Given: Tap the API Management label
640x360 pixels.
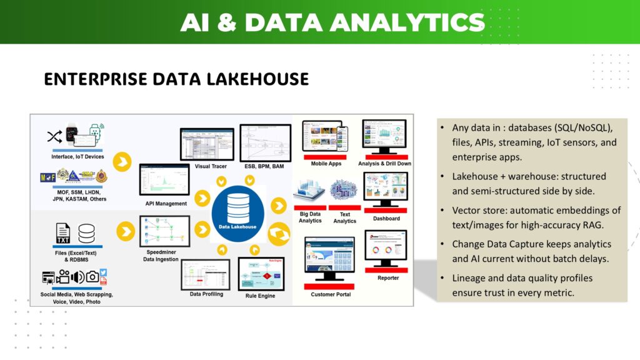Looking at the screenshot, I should (166, 204).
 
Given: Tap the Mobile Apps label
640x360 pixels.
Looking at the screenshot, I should (326, 164).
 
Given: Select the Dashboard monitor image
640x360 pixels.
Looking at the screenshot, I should (386, 191).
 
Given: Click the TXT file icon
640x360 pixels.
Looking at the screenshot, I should (63, 233).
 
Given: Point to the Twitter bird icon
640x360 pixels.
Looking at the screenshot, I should (103, 272).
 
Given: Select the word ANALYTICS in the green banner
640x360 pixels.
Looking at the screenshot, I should (407, 22).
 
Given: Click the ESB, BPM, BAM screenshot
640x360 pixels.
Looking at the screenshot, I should (266, 142).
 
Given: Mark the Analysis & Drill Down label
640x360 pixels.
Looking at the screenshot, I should (384, 164).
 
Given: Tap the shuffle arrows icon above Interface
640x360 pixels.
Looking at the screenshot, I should (54, 136).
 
